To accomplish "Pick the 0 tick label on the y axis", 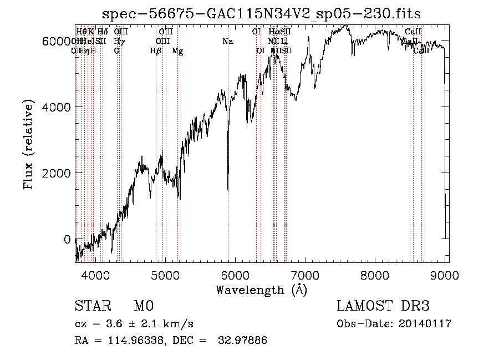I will [67, 240].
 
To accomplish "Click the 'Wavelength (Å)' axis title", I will [262, 290].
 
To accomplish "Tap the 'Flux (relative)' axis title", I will [27, 145].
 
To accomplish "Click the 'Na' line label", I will [228, 41].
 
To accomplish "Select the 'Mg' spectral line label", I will [177, 51].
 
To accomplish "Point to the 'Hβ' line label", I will [156, 51].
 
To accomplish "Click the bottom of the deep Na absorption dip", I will [228, 190].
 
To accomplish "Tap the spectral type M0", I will [143, 306].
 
